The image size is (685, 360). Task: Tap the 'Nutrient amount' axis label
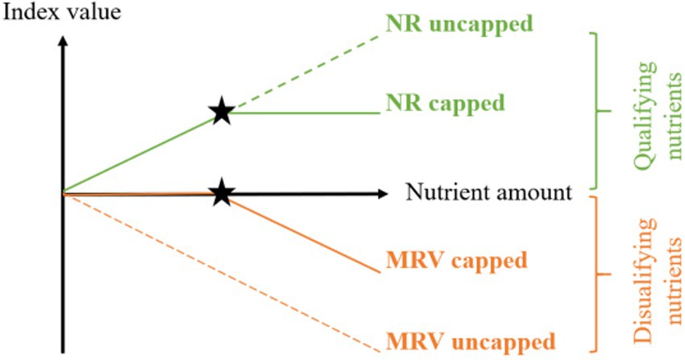coord(488,192)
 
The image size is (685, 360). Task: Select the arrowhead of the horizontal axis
coord(382,193)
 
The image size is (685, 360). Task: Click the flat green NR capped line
coord(306,113)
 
